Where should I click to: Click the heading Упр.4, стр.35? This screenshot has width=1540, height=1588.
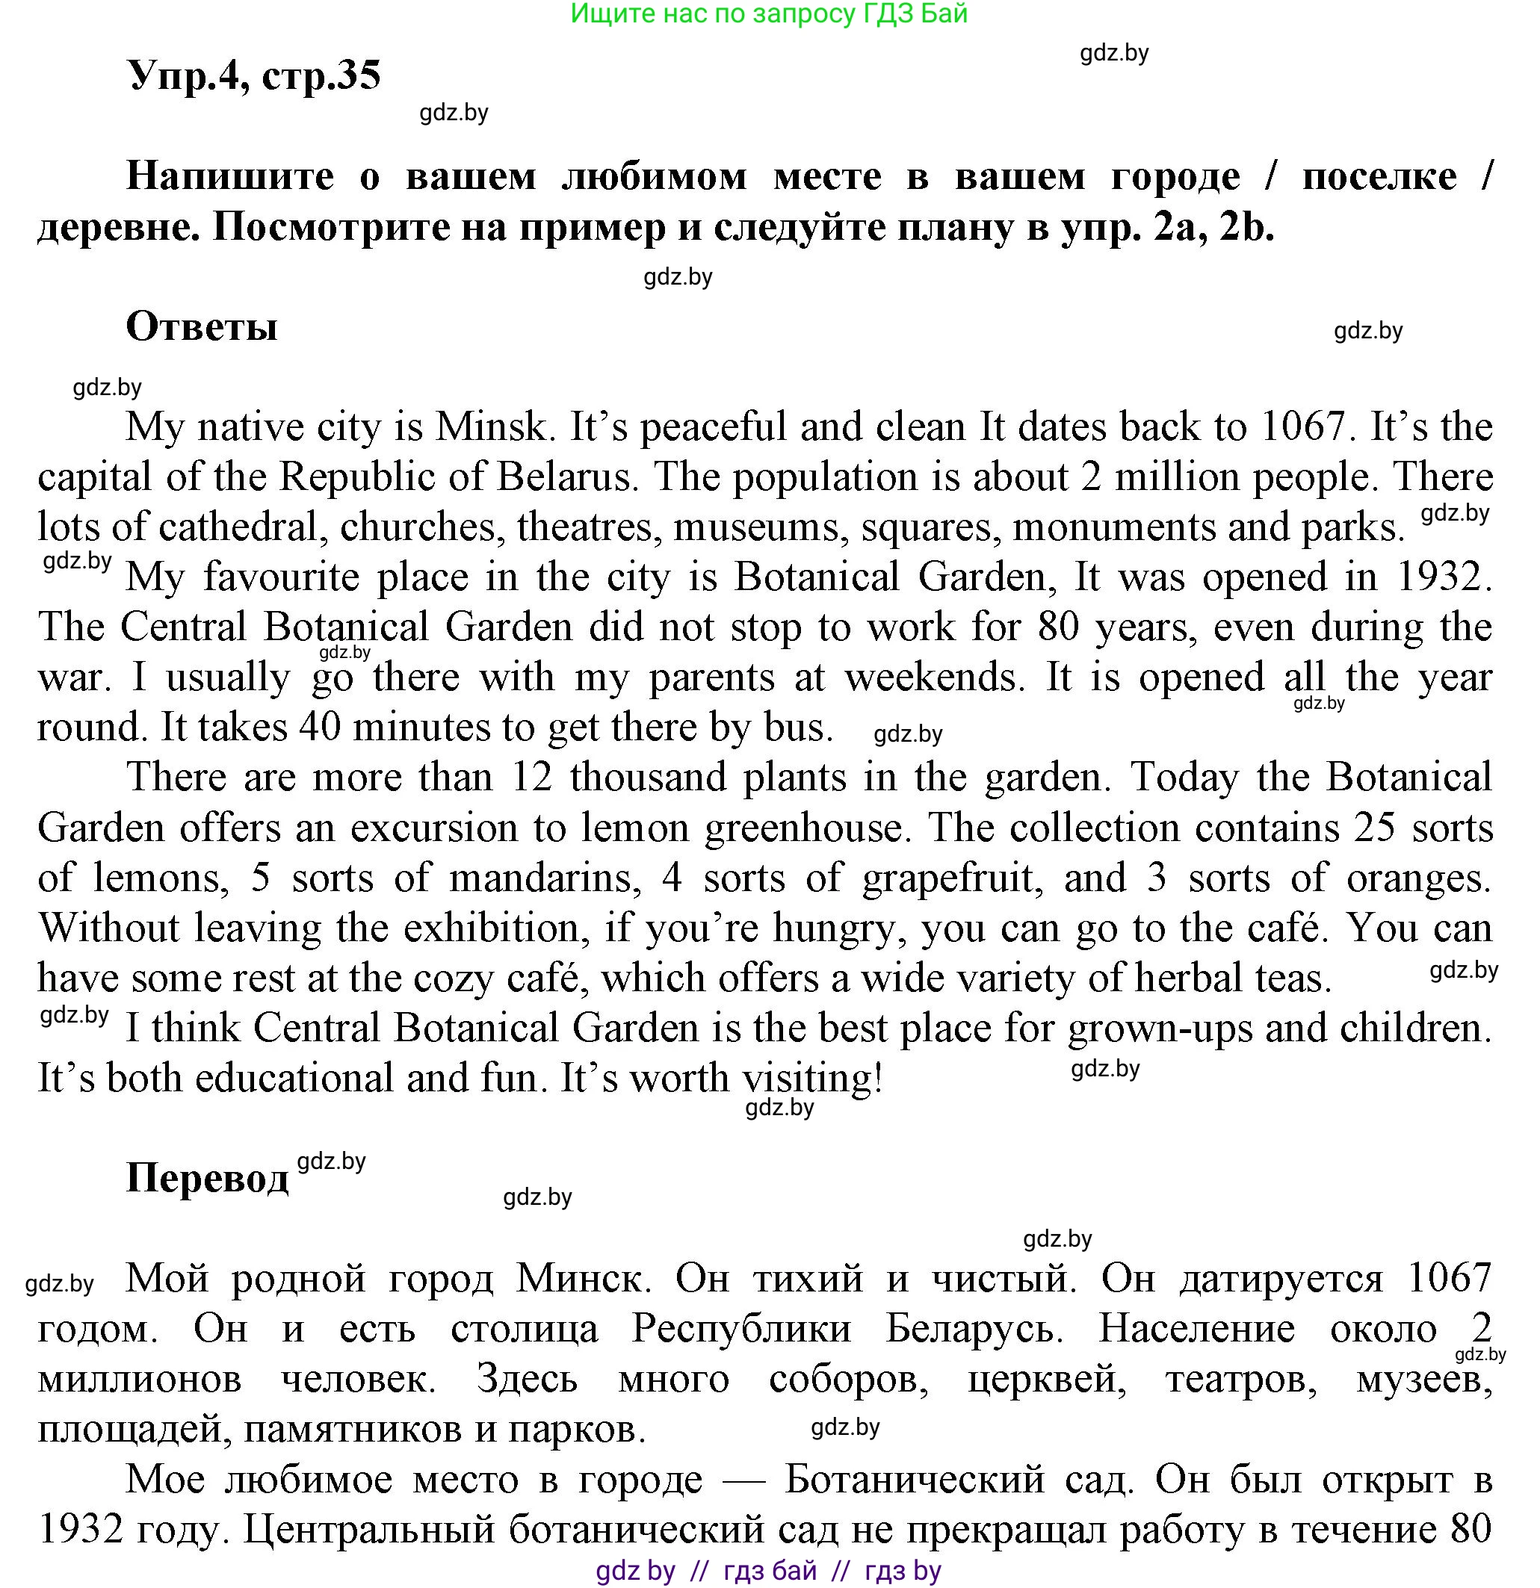tap(254, 75)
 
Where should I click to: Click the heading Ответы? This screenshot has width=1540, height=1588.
tap(202, 326)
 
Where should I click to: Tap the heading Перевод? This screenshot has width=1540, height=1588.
tap(208, 1177)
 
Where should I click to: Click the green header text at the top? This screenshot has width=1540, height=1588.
tap(768, 13)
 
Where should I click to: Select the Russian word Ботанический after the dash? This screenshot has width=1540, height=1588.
tap(915, 1480)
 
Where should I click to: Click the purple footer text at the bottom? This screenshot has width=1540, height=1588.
tap(768, 1571)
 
